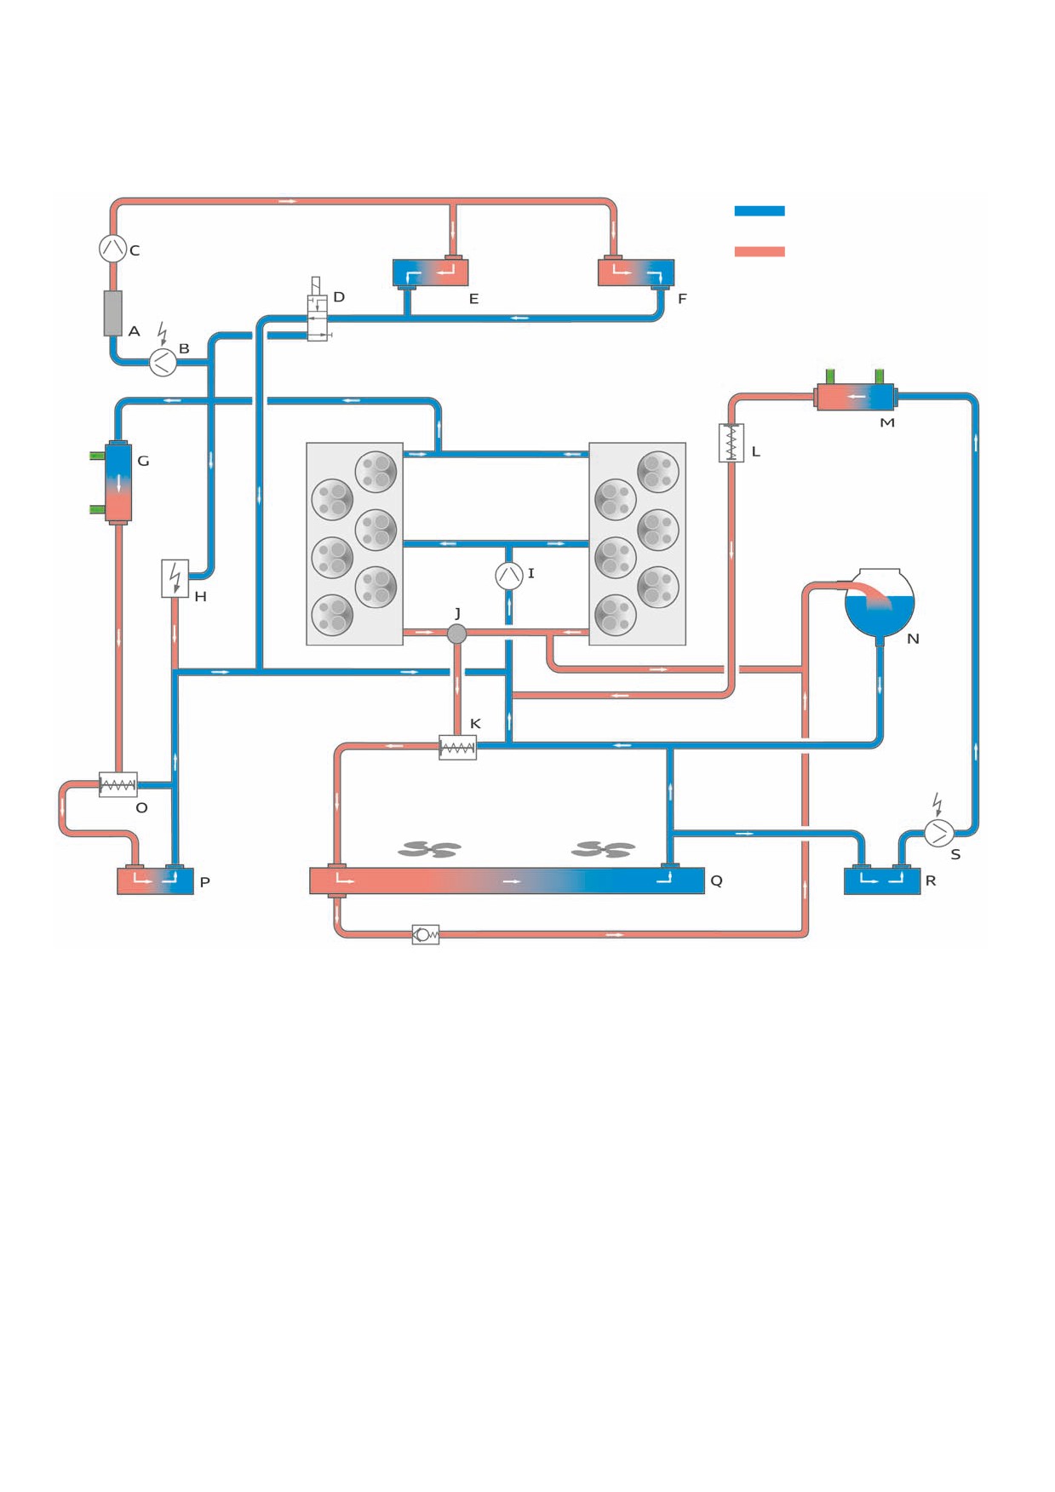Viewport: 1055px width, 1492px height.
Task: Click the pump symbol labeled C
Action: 113,248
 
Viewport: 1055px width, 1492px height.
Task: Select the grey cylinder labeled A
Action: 113,313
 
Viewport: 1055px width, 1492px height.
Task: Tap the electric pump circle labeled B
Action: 163,363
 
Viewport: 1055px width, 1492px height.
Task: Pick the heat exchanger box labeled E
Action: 430,273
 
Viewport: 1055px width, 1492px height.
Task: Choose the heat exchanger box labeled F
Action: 636,273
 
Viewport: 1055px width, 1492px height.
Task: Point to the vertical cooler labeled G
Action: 118,483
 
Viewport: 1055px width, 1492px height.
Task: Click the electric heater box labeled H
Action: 175,578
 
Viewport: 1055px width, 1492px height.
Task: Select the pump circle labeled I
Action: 509,576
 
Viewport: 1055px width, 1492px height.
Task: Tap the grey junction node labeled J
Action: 457,634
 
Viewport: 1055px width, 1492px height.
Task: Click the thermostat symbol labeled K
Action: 457,748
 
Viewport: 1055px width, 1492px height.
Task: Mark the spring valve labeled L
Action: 731,443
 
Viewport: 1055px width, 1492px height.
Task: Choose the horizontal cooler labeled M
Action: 855,397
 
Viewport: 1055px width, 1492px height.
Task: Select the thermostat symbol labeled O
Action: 118,784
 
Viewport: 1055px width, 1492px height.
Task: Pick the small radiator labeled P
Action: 156,881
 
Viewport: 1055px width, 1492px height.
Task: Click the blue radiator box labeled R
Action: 882,881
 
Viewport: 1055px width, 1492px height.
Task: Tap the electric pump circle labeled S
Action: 939,833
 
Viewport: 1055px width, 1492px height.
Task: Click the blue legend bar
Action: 760,210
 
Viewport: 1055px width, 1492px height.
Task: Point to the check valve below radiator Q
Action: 425,935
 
